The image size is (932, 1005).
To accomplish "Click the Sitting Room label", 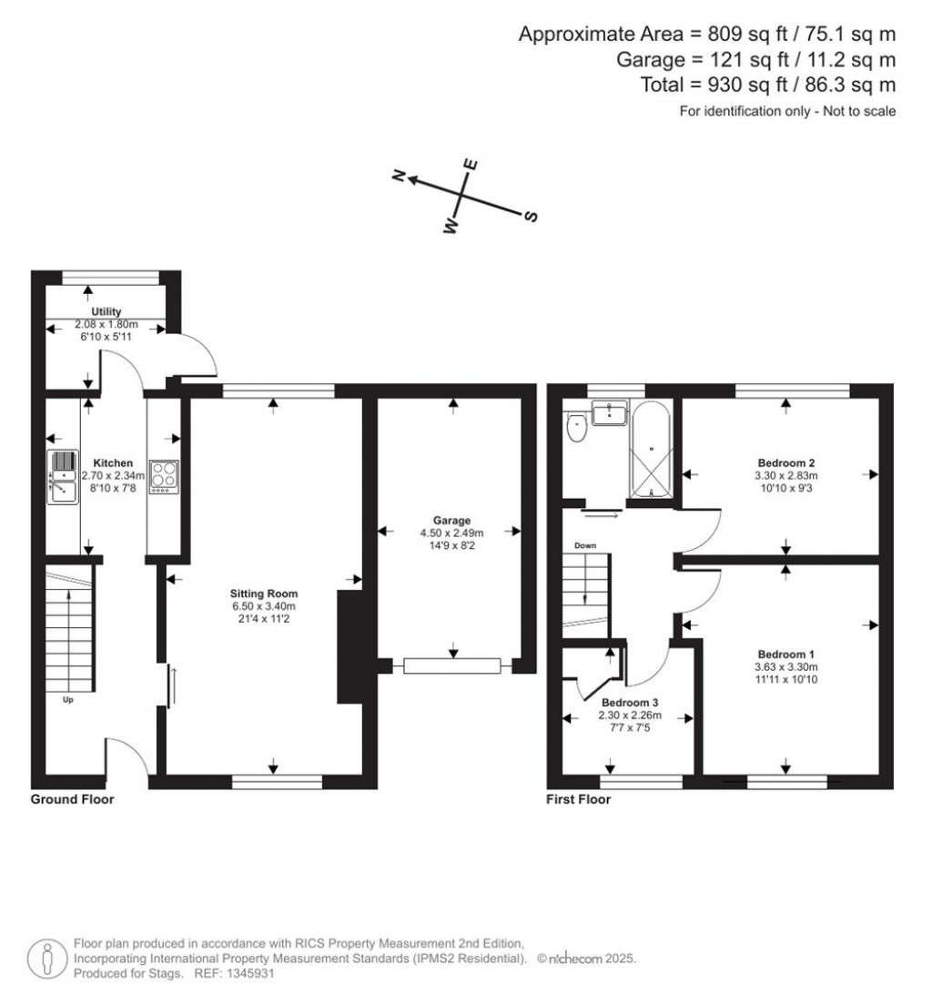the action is point(264,594).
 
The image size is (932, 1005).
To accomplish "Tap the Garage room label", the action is point(452,521).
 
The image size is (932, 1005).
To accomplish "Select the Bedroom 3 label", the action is point(630,703).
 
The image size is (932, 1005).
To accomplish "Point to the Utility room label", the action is point(106,311).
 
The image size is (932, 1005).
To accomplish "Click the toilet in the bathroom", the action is point(577,427).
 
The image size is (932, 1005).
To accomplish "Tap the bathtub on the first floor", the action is point(652,449).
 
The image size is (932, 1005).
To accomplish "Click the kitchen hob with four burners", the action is point(164,476).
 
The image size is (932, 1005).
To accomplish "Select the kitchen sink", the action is point(64,477).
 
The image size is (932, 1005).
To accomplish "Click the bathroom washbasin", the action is point(609,412).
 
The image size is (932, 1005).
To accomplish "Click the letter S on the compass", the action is point(531,217).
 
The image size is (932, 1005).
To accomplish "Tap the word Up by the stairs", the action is point(68,700).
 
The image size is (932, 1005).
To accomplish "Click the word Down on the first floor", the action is point(585,545).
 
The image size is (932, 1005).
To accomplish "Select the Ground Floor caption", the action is point(73,799).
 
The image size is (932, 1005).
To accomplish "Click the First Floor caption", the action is point(578,799).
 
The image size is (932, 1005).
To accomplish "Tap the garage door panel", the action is point(452,666).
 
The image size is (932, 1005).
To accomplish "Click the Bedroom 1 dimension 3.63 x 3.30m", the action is point(785,666).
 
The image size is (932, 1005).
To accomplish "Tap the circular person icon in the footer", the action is point(47,959).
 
